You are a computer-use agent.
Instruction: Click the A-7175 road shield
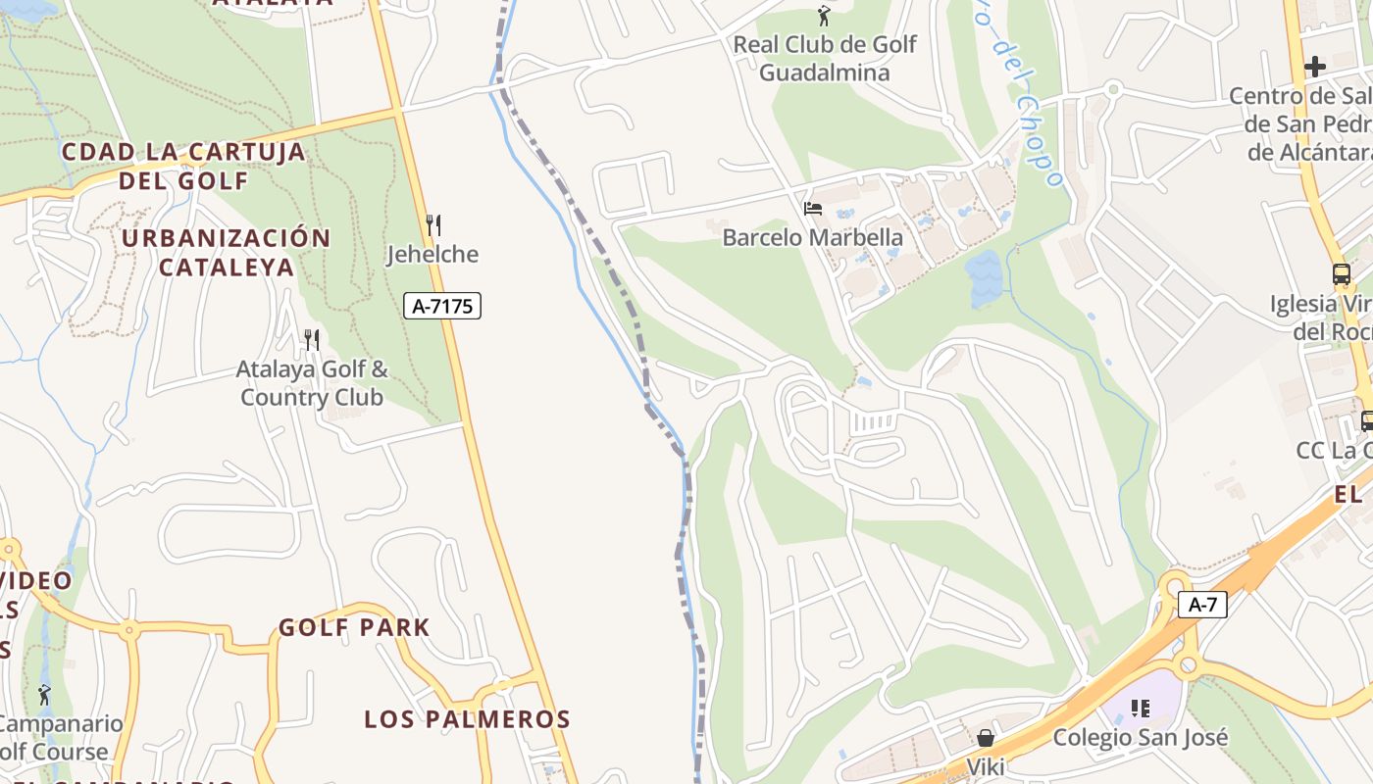point(442,306)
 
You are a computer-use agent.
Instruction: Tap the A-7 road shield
point(1202,605)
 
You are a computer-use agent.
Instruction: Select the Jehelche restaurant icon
point(433,225)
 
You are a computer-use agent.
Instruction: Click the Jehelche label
point(432,255)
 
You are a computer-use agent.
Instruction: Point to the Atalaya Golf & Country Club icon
point(312,340)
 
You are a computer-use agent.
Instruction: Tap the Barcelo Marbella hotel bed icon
point(812,208)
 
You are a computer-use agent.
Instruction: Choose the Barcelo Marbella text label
point(812,237)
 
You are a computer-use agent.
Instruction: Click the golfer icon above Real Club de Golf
point(824,16)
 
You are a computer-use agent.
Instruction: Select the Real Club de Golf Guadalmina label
point(825,58)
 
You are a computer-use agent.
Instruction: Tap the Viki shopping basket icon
point(986,737)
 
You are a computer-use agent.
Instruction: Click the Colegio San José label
point(1140,737)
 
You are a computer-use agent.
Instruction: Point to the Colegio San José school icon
point(1140,708)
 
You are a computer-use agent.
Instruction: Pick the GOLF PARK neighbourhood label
point(354,627)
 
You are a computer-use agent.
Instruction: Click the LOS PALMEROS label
point(467,718)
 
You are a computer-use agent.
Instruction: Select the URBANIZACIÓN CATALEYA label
point(227,252)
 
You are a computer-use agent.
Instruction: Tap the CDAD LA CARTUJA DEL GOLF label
point(183,166)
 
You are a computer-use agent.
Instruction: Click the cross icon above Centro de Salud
point(1315,67)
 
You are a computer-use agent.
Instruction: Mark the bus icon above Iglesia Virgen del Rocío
point(1342,274)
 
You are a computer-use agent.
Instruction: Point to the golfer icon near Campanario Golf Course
point(44,695)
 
